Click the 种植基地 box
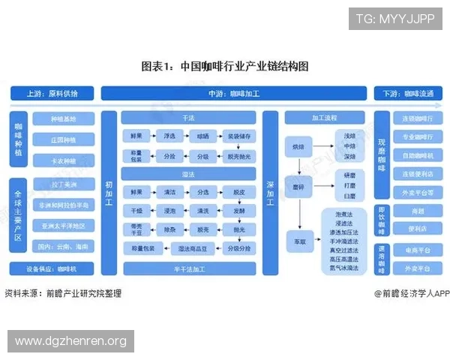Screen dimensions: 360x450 [63, 119]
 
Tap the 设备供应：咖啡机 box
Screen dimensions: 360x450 [52, 268]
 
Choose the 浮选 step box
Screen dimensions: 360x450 [169, 136]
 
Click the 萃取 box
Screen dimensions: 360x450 [298, 241]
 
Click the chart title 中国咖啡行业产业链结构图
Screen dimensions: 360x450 [225, 66]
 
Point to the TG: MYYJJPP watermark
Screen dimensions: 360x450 [395, 18]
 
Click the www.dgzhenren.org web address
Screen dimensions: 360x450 [71, 342]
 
